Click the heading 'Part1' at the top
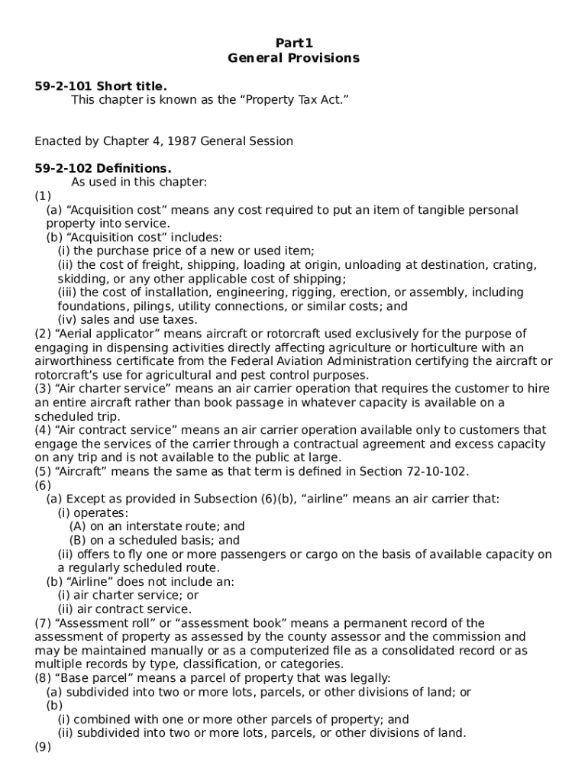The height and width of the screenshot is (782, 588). pos(294,44)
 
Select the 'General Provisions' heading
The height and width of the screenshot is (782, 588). pos(294,58)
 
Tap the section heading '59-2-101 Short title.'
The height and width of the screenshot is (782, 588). pos(101,86)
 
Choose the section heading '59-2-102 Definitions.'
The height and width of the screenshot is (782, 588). pos(103,169)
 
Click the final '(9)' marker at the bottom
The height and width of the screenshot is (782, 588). pos(43,747)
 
